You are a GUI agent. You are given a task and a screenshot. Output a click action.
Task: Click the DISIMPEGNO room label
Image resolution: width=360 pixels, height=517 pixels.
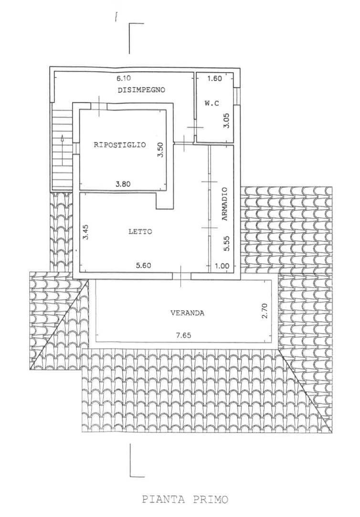coord(141,89)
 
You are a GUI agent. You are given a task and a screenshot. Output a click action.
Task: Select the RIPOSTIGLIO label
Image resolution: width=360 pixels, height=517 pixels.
coord(119,145)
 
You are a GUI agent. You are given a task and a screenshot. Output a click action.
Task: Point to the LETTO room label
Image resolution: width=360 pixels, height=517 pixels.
coord(140,232)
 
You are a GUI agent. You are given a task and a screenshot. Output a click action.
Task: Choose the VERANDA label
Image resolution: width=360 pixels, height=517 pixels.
coord(188,313)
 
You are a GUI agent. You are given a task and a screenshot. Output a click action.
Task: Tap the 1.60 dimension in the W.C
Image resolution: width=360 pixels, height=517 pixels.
coord(214,79)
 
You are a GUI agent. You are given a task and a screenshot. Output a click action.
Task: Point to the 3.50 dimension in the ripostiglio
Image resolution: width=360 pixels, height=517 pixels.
coord(162,151)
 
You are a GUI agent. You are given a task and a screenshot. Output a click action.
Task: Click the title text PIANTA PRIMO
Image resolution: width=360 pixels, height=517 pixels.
coord(185,500)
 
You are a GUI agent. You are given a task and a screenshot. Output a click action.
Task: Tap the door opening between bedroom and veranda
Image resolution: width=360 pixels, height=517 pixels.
coord(182,276)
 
